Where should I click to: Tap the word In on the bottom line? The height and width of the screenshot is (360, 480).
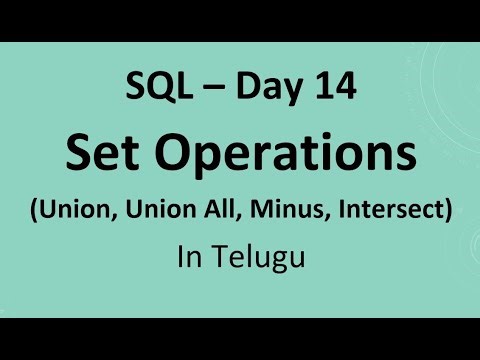[188, 258]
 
